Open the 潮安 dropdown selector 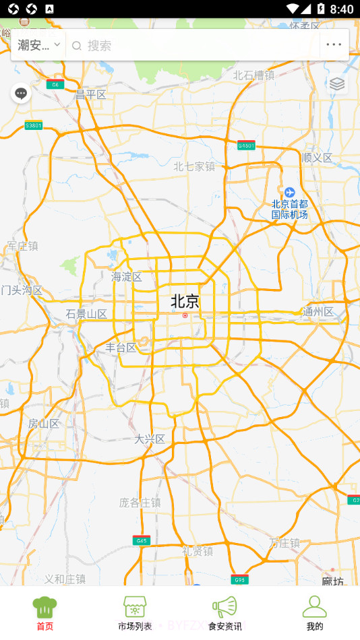[38, 45]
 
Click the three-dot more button [334, 45]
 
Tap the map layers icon [337, 84]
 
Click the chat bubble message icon [21, 93]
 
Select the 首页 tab [44, 613]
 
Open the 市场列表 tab [135, 613]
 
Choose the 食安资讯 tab [224, 613]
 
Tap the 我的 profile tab [314, 613]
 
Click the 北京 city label [185, 301]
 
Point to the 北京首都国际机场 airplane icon [289, 193]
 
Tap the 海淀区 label [127, 277]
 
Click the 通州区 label [318, 312]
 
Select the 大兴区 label [150, 439]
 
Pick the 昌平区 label [91, 95]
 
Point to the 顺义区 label [318, 158]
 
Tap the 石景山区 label [87, 314]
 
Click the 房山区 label [44, 424]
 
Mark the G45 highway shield [141, 541]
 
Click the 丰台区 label [121, 348]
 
